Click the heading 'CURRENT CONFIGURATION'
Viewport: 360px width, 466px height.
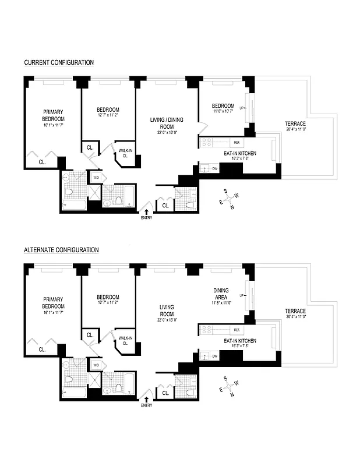59,62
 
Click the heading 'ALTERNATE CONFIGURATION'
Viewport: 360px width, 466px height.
61,249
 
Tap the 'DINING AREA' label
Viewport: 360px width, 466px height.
221,294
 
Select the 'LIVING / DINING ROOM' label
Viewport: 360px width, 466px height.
167,123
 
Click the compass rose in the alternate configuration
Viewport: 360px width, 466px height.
228,385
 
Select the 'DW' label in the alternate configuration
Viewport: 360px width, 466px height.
214,356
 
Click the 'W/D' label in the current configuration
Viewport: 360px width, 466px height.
96,176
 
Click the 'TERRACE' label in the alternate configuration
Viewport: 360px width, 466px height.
295,310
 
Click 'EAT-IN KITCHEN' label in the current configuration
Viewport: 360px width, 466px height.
240,153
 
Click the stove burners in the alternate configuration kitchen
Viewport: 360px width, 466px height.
207,330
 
